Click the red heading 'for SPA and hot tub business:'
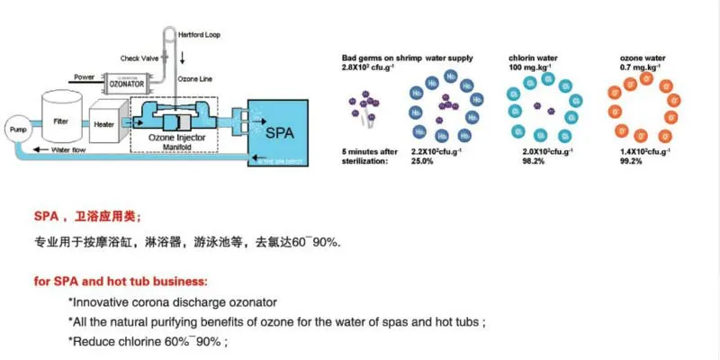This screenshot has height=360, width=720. click(x=121, y=282)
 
